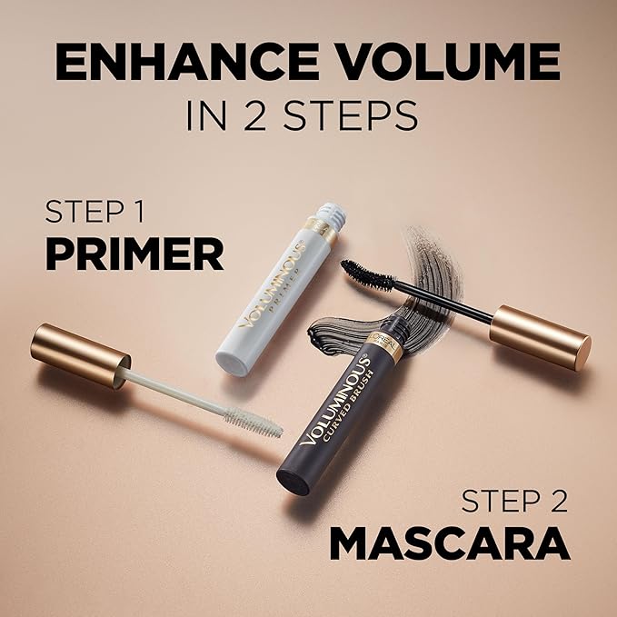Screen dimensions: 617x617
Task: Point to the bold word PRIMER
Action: pyautogui.click(x=134, y=255)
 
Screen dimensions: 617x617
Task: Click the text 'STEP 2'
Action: pyautogui.click(x=513, y=503)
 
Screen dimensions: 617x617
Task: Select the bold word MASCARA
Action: pyautogui.click(x=450, y=543)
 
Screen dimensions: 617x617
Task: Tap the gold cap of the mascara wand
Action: pyautogui.click(x=540, y=336)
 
